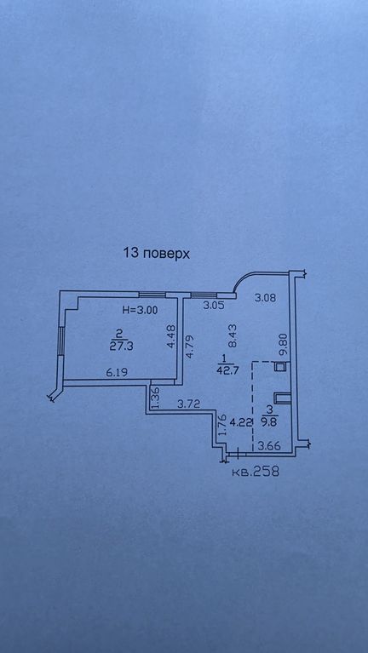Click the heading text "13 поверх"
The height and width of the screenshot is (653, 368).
[x=156, y=253]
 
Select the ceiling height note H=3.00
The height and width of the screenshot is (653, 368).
[x=140, y=309]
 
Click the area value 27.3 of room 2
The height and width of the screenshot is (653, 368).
[x=121, y=347]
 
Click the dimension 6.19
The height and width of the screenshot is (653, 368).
[x=116, y=373]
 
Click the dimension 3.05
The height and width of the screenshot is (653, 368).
[x=214, y=305]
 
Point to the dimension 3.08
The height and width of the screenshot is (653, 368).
[x=266, y=298]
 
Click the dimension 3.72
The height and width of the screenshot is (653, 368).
[x=187, y=404]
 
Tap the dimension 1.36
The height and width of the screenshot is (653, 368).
[x=156, y=399]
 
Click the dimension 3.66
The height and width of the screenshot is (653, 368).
[x=269, y=447]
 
